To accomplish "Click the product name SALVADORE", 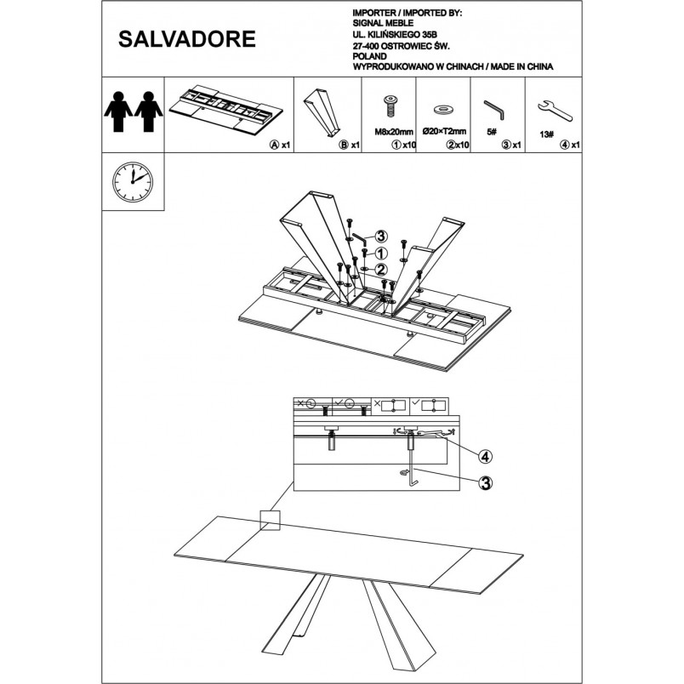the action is (186, 39).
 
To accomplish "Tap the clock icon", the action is (133, 182).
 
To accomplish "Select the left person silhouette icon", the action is (117, 111).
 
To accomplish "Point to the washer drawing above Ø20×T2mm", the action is (443, 109).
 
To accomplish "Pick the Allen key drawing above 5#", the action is (494, 110).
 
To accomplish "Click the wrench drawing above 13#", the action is (555, 111).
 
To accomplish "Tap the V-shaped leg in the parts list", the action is (322, 113).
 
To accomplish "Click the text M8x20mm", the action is (394, 131).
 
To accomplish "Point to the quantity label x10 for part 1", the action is (409, 145).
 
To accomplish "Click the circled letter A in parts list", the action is (274, 145).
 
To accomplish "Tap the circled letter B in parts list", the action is (344, 145).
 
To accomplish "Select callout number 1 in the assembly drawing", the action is (381, 253).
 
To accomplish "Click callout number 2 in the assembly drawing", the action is (381, 270).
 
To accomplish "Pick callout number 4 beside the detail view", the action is (485, 457).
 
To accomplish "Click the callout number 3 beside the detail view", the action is (485, 483).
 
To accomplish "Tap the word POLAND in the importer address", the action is (369, 56).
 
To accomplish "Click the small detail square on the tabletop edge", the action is (270, 521).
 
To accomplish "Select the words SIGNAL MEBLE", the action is (383, 23).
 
